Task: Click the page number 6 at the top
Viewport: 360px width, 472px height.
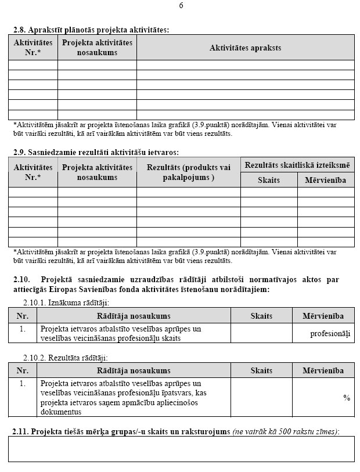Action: pyautogui.click(x=181, y=6)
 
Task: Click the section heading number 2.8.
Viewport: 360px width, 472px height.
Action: pyautogui.click(x=20, y=29)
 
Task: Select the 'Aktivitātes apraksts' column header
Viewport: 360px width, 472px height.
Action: pyautogui.click(x=245, y=48)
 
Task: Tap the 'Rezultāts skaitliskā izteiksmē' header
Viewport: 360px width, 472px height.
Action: pyautogui.click(x=297, y=165)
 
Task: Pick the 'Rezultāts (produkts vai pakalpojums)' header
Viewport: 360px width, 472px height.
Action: pyautogui.click(x=188, y=172)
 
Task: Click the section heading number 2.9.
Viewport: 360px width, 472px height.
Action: pyautogui.click(x=20, y=152)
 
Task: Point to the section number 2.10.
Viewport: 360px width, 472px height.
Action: pyautogui.click(x=21, y=280)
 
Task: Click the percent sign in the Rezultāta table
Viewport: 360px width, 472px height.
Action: pyautogui.click(x=347, y=398)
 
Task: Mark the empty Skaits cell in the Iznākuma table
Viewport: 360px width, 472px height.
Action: pyautogui.click(x=261, y=333)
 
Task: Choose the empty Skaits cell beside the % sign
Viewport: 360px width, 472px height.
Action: pyautogui.click(x=261, y=398)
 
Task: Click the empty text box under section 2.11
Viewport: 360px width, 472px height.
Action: pyautogui.click(x=181, y=449)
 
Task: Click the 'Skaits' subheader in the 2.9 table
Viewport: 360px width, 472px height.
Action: pyautogui.click(x=269, y=180)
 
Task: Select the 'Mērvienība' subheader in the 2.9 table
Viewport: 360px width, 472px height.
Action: pyautogui.click(x=325, y=180)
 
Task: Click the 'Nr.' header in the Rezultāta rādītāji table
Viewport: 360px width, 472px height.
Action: pyautogui.click(x=23, y=371)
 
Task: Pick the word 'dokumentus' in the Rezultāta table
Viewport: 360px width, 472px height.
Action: pyautogui.click(x=60, y=412)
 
